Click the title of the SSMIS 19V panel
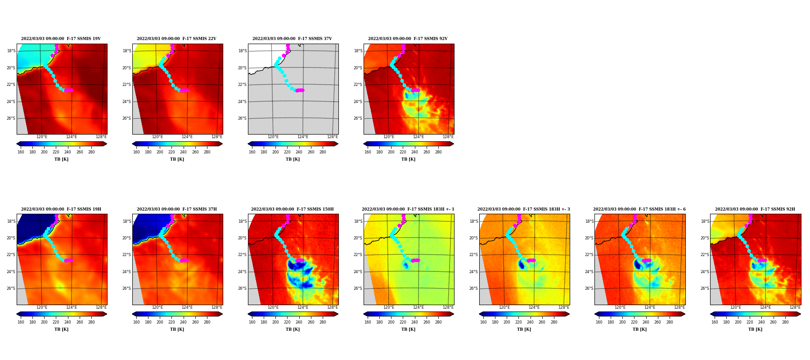coord(61,39)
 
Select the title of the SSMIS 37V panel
coord(292,39)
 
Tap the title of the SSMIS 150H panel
coord(292,209)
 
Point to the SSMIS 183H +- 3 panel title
coord(524,209)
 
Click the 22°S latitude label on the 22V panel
coord(127,85)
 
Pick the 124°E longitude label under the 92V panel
coord(418,137)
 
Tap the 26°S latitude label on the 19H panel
coord(11,288)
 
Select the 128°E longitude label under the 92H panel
coord(795,307)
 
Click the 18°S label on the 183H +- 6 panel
coord(589,221)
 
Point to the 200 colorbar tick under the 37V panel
coord(275,152)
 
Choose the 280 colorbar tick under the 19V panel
coord(91,152)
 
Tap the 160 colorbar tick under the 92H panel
coord(715,322)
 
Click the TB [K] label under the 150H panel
coord(292,329)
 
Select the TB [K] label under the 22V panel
coord(177,159)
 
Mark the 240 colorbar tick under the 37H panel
coord(183,322)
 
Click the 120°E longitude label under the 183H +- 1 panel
coord(389,307)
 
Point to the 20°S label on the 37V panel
coord(243,68)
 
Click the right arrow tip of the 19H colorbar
coord(107,314)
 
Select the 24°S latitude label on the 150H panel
coord(243,272)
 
